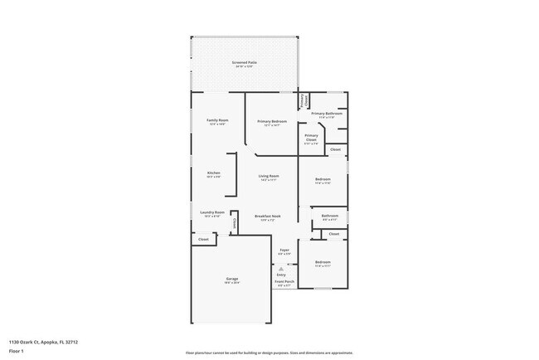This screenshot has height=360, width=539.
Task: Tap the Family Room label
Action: click(217, 121)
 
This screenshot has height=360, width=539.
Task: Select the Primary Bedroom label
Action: click(271, 122)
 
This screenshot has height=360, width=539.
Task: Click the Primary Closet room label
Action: click(311, 138)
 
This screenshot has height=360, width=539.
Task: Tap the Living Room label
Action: click(268, 176)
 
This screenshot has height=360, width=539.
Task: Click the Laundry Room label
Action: click(212, 212)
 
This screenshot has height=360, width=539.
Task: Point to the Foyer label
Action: click(284, 249)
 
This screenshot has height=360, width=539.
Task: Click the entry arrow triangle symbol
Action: click(281, 269)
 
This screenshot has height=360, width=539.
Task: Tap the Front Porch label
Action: click(284, 282)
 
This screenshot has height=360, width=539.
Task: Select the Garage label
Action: click(231, 279)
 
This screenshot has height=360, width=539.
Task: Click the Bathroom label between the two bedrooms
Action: click(329, 216)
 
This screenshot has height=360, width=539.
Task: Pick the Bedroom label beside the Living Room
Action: click(323, 179)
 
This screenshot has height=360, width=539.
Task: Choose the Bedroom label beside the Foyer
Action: click(323, 262)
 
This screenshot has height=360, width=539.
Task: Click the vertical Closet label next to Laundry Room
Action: click(235, 221)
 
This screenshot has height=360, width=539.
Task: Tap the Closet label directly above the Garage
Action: click(203, 238)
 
